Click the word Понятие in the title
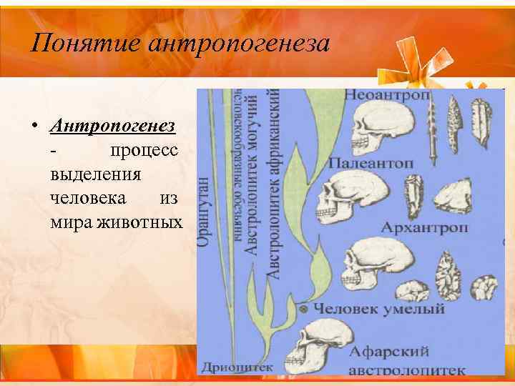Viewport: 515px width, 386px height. (x=87, y=44)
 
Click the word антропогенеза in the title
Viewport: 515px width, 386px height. (x=240, y=44)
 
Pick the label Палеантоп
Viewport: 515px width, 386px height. (x=371, y=164)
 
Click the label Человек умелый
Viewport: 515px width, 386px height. (x=380, y=309)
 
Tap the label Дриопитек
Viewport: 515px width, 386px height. (x=237, y=367)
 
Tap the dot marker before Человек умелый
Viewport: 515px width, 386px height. (x=305, y=309)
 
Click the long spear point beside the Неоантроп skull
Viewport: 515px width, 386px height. (x=433, y=132)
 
